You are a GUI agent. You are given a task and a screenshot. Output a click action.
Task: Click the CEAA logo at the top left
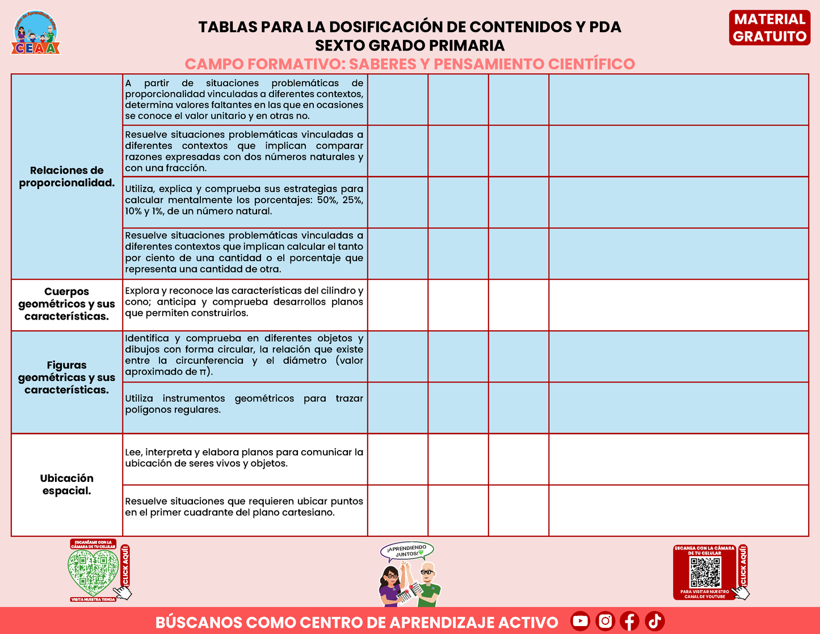coord(36,33)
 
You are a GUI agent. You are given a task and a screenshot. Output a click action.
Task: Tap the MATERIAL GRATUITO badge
coord(769,28)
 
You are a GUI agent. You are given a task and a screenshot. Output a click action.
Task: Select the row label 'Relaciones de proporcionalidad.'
coord(67,177)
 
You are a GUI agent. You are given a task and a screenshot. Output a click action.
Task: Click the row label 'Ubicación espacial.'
coord(67,484)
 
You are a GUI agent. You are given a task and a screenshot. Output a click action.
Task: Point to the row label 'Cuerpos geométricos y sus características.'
coord(67,304)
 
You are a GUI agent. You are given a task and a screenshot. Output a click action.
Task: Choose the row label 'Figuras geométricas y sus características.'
coord(67,377)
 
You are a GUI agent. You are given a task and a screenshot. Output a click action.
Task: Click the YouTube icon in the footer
coord(580,621)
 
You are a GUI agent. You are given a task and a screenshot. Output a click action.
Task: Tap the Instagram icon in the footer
coord(605,621)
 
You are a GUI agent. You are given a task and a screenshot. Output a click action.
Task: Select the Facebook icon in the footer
coord(630,621)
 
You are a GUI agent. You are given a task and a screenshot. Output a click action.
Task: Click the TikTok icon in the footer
coord(655,621)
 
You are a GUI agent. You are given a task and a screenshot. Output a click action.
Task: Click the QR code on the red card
coord(705,573)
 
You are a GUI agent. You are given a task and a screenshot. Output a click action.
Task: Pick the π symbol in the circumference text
coord(203,372)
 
